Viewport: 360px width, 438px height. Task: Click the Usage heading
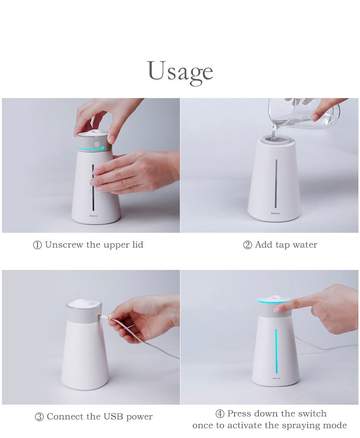pos(180,72)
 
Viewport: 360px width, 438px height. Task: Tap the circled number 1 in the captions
pos(38,245)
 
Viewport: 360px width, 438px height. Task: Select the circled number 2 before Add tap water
pos(247,245)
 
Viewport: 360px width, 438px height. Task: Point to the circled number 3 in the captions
pos(39,417)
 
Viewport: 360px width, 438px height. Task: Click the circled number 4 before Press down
pos(220,414)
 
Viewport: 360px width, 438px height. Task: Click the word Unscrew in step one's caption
pos(64,245)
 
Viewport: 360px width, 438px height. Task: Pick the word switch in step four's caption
pos(312,413)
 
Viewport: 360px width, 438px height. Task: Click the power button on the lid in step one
pos(97,144)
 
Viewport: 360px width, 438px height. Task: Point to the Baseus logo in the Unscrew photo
pos(94,216)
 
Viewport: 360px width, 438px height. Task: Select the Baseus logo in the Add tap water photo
pos(275,214)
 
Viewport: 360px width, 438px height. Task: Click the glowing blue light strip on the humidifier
pos(276,351)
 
